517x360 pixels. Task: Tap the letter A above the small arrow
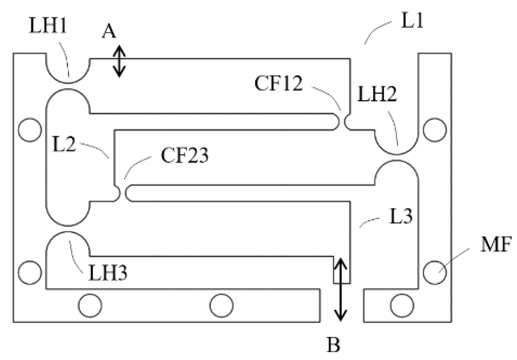coord(109,32)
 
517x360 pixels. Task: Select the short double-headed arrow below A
coord(120,61)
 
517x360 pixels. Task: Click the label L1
coord(412,22)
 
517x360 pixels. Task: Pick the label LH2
coord(377,95)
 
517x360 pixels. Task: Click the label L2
coord(64,145)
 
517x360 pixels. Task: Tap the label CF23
coord(184,155)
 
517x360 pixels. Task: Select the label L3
coord(401,216)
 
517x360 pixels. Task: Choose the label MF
coord(495,245)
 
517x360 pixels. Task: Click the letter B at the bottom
coord(334,345)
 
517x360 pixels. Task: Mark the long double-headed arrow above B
coord(341,289)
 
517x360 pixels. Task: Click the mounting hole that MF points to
coord(435,272)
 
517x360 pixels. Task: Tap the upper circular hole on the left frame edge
coord(30,130)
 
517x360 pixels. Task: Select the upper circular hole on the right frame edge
coord(435,130)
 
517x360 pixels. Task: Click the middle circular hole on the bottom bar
coord(221,306)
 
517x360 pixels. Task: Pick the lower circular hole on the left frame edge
coord(30,272)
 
